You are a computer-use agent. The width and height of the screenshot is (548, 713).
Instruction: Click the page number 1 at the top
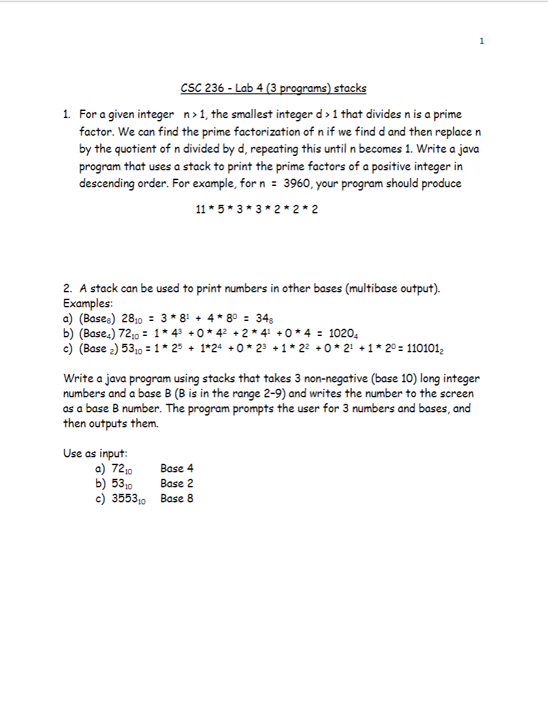pyautogui.click(x=481, y=41)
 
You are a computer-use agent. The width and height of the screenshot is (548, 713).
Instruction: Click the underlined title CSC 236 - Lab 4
pyautogui.click(x=273, y=88)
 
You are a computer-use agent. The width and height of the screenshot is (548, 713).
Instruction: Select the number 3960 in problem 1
pyautogui.click(x=297, y=183)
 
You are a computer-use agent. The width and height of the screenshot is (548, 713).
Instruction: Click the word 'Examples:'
pyautogui.click(x=88, y=303)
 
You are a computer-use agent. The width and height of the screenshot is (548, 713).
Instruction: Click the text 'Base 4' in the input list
pyautogui.click(x=176, y=468)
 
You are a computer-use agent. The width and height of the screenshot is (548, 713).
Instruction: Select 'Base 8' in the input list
pyautogui.click(x=176, y=498)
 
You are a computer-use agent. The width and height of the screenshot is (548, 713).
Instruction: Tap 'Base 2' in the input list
pyautogui.click(x=176, y=483)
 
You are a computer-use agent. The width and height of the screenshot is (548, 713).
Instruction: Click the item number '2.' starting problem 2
pyautogui.click(x=68, y=288)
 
